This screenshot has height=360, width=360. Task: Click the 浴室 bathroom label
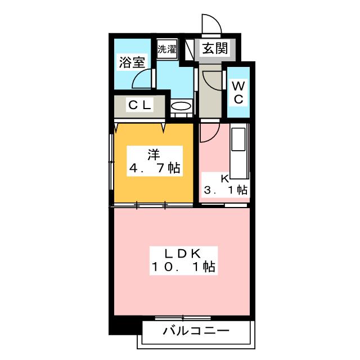point(132,62)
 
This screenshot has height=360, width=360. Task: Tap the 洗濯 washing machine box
point(167,49)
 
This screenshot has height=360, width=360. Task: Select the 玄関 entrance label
point(215,48)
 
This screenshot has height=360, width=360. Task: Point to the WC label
point(238,92)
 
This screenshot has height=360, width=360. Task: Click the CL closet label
point(140,105)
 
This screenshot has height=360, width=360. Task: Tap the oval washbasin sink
point(181,106)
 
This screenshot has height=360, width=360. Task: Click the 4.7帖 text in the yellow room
point(155,168)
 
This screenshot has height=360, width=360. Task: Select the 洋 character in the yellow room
point(154,155)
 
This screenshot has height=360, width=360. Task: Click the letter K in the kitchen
point(225,179)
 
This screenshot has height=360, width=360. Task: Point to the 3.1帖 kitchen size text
point(226,190)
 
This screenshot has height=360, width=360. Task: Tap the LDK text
point(183,254)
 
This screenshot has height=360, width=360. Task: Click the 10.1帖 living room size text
point(183,267)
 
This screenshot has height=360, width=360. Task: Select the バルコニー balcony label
point(196,331)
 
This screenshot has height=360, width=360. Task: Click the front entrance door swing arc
point(216,18)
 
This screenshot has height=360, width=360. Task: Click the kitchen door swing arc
point(215,136)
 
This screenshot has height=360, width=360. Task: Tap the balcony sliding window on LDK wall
point(183,318)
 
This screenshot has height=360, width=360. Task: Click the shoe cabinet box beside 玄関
point(189,50)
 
